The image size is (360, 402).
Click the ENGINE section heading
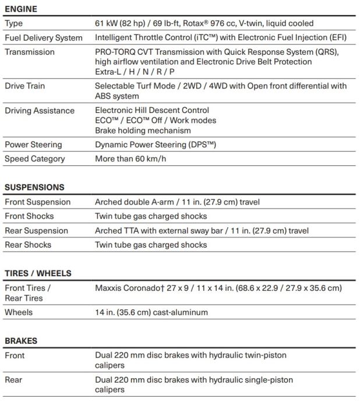pyautogui.click(x=21, y=9)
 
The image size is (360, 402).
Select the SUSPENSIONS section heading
pyautogui.click(x=34, y=188)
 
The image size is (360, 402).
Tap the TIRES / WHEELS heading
pyautogui.click(x=38, y=273)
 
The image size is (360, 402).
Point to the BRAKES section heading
pyautogui.click(x=21, y=341)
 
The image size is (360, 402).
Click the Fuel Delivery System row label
pyautogui.click(x=44, y=38)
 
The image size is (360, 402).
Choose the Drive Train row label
pyautogui.click(x=24, y=86)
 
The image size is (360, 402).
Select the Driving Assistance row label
pyautogui.click(x=40, y=111)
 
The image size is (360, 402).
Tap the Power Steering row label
pyautogui.click(x=33, y=144)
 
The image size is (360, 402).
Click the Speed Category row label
pyautogui.click(x=35, y=159)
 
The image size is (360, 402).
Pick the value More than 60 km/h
pyautogui.click(x=130, y=159)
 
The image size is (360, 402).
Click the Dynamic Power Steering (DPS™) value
pyautogui.click(x=156, y=144)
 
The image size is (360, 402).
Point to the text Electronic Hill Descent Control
pyautogui.click(x=152, y=110)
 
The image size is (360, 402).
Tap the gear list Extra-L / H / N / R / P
pyautogui.click(x=135, y=72)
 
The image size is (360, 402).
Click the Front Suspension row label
pyautogui.click(x=37, y=202)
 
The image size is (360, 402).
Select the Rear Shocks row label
pyautogui.click(x=28, y=245)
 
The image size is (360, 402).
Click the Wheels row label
pyautogui.click(x=19, y=313)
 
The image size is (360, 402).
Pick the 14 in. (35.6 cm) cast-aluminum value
pyautogui.click(x=151, y=313)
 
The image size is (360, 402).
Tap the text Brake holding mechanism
pyautogui.click(x=143, y=131)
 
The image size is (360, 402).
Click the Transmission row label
pyautogui.click(x=30, y=52)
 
